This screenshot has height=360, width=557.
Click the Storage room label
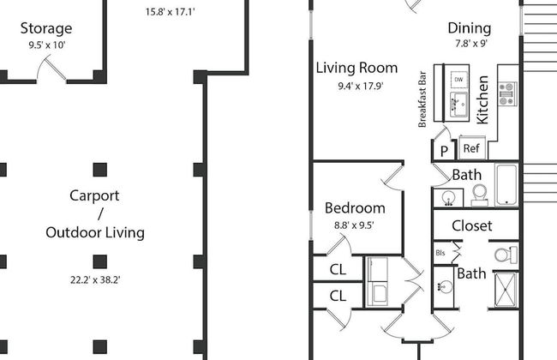(46, 29)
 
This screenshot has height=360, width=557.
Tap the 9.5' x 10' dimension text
(47, 45)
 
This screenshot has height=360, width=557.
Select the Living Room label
(356, 68)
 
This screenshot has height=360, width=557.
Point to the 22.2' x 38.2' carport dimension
(95, 280)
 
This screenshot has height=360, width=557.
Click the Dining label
(470, 28)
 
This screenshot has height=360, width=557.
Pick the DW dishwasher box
(458, 79)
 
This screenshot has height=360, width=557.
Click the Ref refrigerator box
(472, 147)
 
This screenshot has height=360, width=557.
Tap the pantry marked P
(444, 151)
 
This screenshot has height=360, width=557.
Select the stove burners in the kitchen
(507, 93)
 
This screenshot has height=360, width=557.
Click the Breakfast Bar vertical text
(422, 99)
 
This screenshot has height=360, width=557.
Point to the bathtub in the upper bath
(506, 184)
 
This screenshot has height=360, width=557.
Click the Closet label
(472, 225)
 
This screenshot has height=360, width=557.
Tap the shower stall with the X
(506, 289)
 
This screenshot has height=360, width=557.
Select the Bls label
(440, 253)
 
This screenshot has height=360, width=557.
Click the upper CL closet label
(338, 269)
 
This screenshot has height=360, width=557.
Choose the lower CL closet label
(338, 296)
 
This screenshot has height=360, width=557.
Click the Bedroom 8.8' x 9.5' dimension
(354, 225)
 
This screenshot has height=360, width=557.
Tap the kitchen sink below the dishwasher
(458, 105)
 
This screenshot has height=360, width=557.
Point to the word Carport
(94, 195)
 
